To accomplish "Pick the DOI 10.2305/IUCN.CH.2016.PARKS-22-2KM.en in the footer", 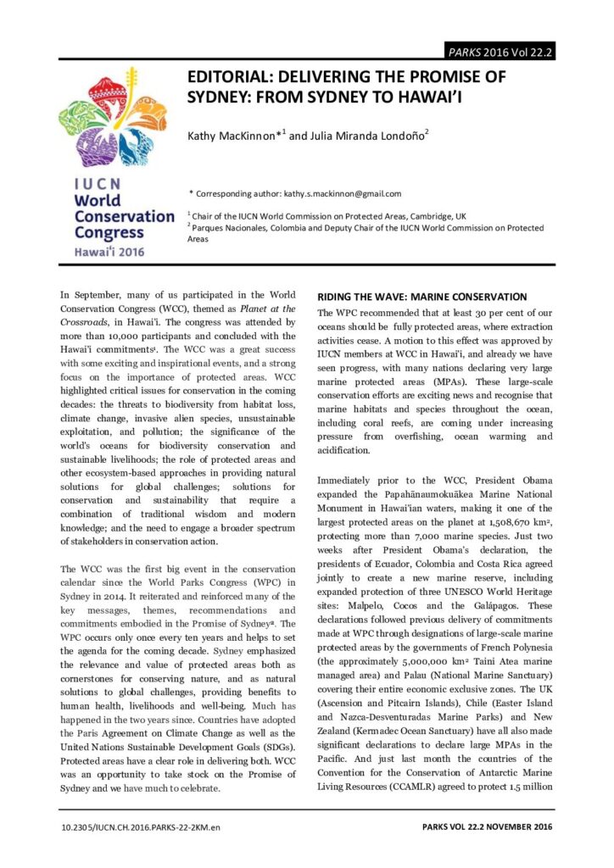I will (142, 825).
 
